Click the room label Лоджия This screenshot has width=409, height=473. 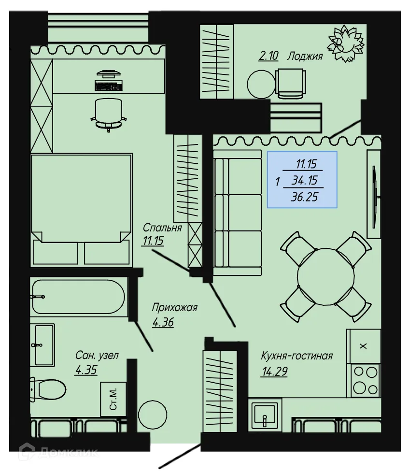point(305,56)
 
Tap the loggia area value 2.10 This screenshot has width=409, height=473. point(268,56)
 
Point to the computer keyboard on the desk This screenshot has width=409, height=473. point(109,86)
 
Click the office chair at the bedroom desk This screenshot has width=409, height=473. point(109,113)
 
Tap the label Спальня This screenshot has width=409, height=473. point(162,228)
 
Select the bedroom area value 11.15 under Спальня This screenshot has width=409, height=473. point(153,241)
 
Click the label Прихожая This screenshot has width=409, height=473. point(174,308)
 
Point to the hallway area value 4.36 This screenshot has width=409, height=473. point(163,322)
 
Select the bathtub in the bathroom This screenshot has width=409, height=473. point(78,296)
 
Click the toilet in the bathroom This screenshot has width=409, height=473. point(47,388)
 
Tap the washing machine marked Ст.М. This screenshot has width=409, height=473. point(113,399)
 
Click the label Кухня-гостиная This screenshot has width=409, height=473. point(296,356)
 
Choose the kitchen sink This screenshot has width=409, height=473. point(265,414)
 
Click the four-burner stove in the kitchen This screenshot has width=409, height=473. point(366,380)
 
